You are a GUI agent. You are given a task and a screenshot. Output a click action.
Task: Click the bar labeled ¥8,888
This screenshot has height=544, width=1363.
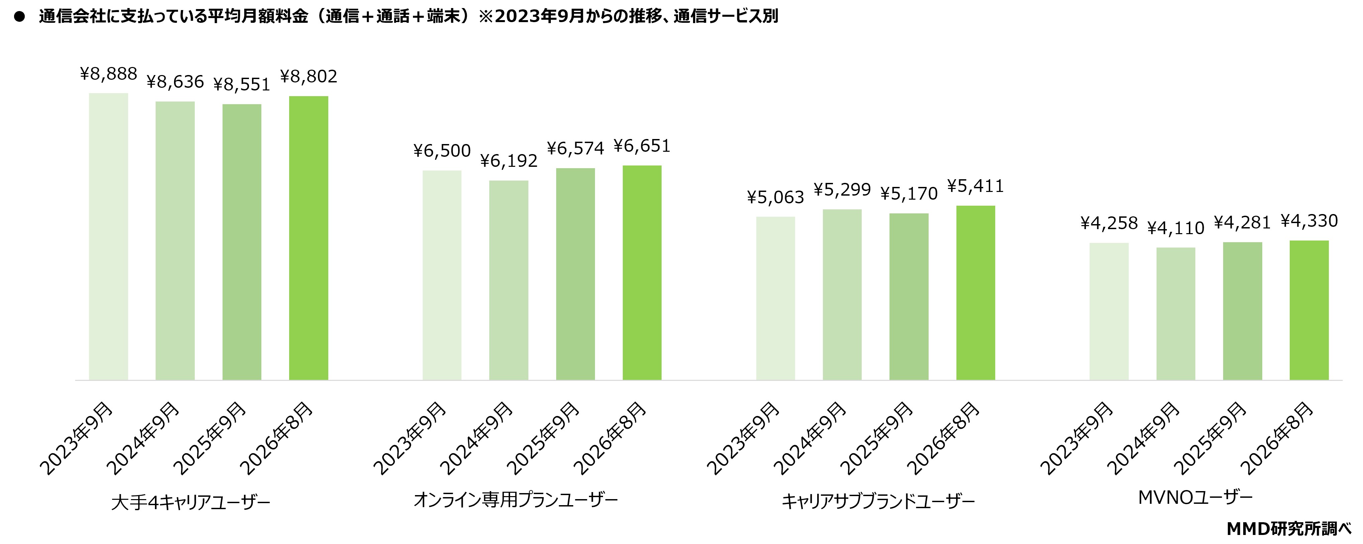pyautogui.click(x=108, y=236)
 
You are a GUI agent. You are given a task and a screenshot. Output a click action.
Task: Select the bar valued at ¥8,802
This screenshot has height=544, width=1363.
pyautogui.click(x=309, y=238)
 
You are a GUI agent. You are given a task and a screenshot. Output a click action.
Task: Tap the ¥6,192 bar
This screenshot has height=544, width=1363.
pyautogui.click(x=508, y=280)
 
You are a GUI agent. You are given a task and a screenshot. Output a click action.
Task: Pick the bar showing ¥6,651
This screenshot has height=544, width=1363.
pyautogui.click(x=642, y=273)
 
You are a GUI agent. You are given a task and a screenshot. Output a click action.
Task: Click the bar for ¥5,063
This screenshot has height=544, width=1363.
pyautogui.click(x=775, y=298)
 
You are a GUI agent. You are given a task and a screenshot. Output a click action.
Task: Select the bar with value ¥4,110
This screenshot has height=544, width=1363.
pyautogui.click(x=1176, y=314)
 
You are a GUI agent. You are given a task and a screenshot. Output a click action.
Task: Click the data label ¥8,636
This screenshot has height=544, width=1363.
pyautogui.click(x=175, y=82)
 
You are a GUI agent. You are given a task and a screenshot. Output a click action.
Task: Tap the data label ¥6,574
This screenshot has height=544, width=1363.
pyautogui.click(x=575, y=149)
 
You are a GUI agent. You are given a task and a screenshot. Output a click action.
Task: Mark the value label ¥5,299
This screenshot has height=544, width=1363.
pyautogui.click(x=842, y=190)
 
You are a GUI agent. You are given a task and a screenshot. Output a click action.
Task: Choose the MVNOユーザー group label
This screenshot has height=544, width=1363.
pyautogui.click(x=1195, y=498)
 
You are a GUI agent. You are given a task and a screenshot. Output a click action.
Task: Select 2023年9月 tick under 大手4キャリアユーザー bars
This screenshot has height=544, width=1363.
pyautogui.click(x=76, y=438)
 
